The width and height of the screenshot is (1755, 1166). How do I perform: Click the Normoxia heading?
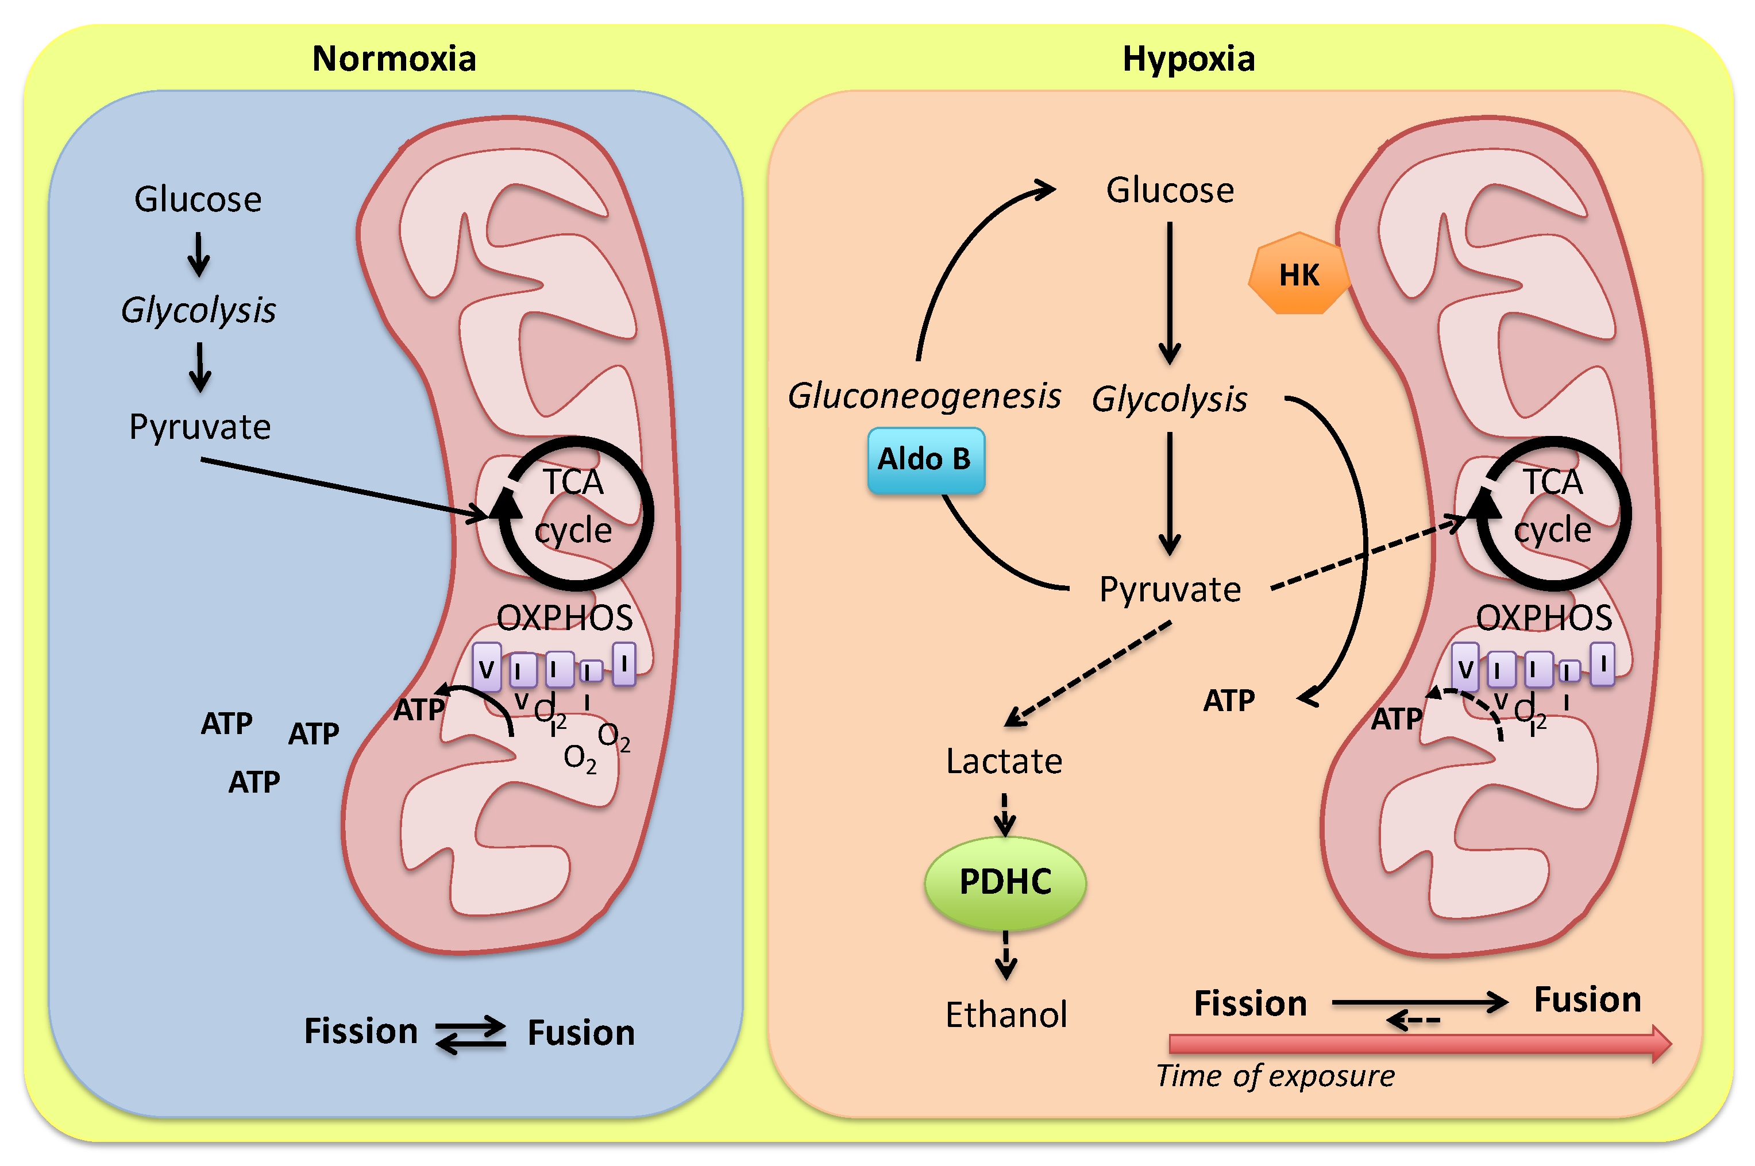point(394,59)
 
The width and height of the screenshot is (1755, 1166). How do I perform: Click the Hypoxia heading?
point(1189,59)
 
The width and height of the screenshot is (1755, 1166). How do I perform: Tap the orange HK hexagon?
point(1298,275)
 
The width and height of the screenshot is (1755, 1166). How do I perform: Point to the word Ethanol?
point(1005,1014)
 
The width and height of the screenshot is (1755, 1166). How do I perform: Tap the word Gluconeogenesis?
point(924,396)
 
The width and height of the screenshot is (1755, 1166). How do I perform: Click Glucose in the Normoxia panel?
point(198,199)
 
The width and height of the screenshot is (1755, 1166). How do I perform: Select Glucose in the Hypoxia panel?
point(1170,190)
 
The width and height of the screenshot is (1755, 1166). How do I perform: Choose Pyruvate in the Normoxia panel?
point(199,427)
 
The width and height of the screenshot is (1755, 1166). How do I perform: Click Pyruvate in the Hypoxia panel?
point(1170,590)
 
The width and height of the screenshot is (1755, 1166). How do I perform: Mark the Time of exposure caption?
point(1275,1076)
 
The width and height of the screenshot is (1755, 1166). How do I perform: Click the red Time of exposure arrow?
point(1413,1044)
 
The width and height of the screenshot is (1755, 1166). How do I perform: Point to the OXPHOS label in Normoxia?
point(565,618)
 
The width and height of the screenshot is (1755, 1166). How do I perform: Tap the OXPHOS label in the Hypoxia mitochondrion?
point(1544,618)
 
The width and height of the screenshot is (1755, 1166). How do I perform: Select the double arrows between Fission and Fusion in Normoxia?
point(470,1034)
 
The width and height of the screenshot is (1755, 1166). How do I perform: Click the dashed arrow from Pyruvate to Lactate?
point(1088,674)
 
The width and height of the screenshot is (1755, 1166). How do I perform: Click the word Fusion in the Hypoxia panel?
point(1587,999)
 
